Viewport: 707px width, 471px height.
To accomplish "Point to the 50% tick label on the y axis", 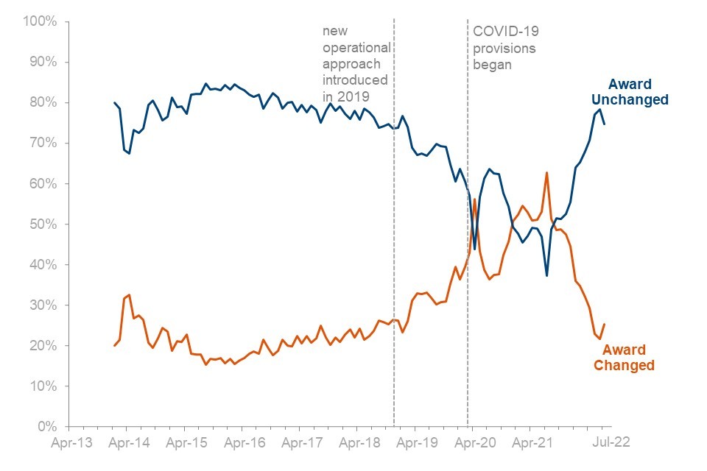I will [42, 224].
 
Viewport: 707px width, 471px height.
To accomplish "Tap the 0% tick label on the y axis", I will [46, 427].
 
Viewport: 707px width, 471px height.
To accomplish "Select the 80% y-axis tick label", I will [42, 102].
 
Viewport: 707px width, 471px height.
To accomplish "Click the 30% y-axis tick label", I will [42, 305].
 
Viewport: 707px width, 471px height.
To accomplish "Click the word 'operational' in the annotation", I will [356, 48].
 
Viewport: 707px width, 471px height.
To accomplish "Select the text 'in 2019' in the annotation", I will [345, 96].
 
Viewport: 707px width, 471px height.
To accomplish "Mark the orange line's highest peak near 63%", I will [547, 172].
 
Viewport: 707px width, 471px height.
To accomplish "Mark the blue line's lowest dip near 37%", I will [546, 275].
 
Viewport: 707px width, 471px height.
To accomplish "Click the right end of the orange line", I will [605, 324].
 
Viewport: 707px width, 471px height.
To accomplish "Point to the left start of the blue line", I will [114, 103].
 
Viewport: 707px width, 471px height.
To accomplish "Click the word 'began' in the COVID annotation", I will [492, 64].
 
